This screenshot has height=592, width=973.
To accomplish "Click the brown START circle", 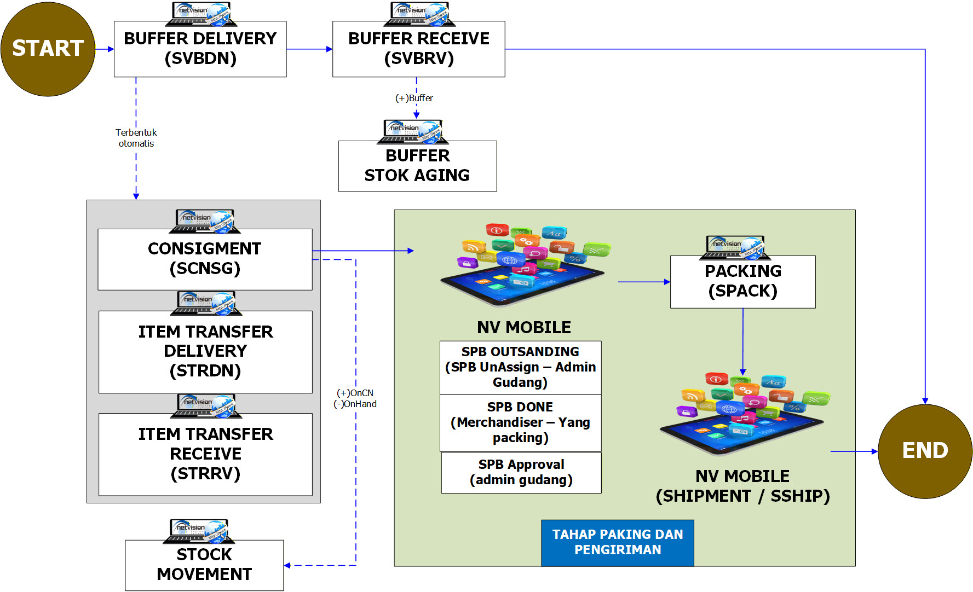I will [x=48, y=49].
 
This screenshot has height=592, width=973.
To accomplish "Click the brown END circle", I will [x=925, y=451].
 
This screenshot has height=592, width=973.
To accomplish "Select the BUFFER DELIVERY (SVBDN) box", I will [x=200, y=49].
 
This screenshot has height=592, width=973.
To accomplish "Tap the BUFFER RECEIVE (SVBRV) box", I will [x=418, y=49].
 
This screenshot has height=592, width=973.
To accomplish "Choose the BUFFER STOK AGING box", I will [x=417, y=166].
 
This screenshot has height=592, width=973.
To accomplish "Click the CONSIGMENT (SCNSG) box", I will [x=205, y=259].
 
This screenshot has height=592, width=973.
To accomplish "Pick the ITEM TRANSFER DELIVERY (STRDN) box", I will [x=205, y=352].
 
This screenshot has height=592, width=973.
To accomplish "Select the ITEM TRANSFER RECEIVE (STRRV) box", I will [x=205, y=454].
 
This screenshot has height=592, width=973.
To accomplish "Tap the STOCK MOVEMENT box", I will [x=204, y=565].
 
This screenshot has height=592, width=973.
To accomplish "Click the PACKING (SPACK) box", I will [x=742, y=282].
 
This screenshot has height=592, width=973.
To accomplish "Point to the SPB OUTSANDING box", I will [x=520, y=367].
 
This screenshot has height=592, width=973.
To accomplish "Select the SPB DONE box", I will [x=520, y=422].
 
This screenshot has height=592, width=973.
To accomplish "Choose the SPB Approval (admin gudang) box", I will [x=521, y=472].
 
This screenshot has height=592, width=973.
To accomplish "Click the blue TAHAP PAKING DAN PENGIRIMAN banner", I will [x=618, y=542].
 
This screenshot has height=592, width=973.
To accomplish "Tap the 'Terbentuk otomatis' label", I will [x=136, y=138].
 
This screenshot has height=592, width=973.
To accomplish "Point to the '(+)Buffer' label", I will [x=414, y=98].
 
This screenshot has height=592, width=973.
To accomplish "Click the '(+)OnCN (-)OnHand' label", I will [x=355, y=398].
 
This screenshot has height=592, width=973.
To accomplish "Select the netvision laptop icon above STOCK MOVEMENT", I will [x=198, y=531].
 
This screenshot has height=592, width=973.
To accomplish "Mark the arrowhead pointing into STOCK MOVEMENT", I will [x=287, y=565].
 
